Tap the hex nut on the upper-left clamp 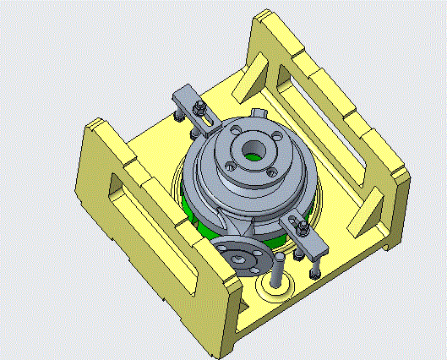(199, 108)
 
